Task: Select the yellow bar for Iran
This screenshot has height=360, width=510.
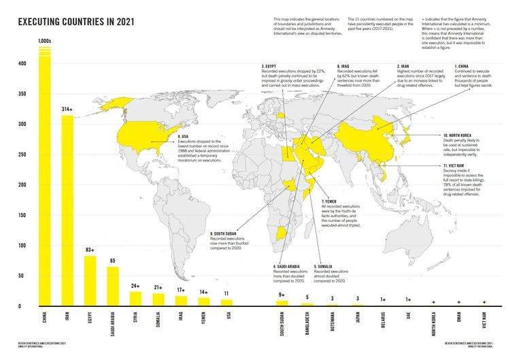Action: (x=67, y=211)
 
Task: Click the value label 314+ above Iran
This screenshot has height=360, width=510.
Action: (x=67, y=109)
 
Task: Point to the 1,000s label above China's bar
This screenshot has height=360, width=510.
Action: (x=45, y=42)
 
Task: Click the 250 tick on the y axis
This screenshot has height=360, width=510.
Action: (x=22, y=154)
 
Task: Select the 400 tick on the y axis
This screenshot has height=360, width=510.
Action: (x=22, y=64)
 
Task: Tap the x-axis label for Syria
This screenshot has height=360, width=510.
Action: (x=135, y=319)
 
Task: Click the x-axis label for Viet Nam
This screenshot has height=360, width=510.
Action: (x=483, y=321)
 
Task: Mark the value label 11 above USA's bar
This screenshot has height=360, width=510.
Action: (x=226, y=293)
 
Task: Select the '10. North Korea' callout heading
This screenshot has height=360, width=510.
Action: (x=458, y=135)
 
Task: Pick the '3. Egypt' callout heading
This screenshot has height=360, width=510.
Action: (x=273, y=66)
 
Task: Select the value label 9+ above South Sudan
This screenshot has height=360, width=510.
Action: (x=282, y=295)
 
